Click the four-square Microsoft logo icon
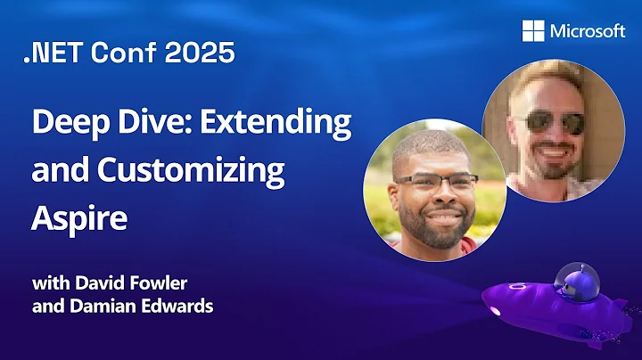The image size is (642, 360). [534, 31]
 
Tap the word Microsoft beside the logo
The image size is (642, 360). [588, 31]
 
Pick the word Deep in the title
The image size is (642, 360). [62, 123]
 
